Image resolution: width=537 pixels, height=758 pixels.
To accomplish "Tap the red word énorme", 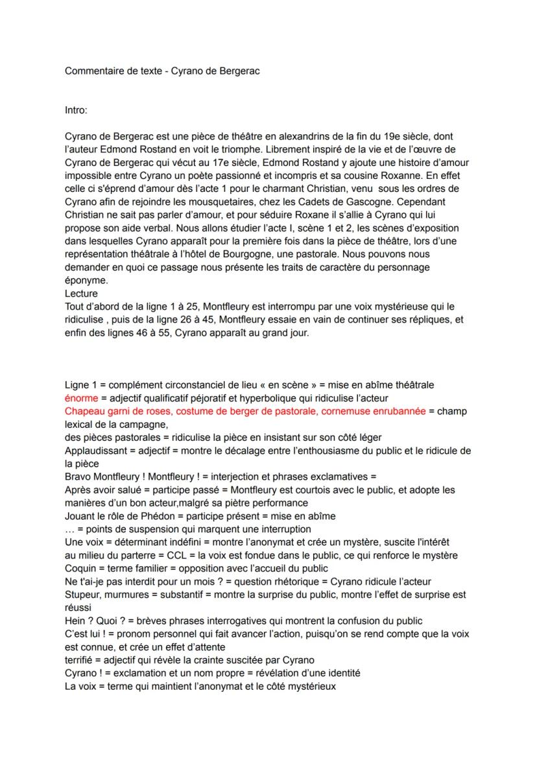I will coord(81,398).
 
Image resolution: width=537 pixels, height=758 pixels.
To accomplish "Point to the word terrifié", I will coord(80,660).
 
